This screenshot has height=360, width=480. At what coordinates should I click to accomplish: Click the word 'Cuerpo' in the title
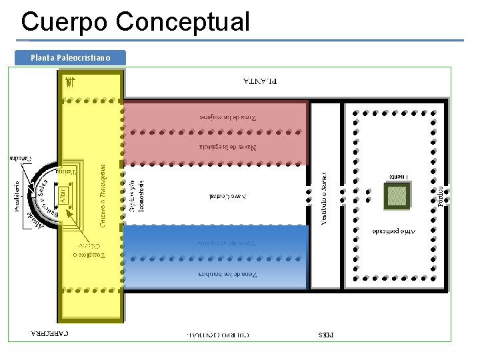[x=64, y=21]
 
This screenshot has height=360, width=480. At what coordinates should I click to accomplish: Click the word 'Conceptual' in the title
[x=182, y=21]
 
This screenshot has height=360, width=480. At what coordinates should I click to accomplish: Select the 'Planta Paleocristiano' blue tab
[x=70, y=58]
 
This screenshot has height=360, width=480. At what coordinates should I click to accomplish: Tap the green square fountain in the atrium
[x=397, y=195]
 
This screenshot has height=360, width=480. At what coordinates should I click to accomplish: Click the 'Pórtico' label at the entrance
[x=441, y=195]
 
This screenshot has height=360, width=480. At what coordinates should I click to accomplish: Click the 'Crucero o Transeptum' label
[x=102, y=195]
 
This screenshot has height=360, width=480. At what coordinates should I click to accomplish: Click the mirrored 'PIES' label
[x=329, y=332]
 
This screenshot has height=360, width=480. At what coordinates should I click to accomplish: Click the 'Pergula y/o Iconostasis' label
[x=136, y=195]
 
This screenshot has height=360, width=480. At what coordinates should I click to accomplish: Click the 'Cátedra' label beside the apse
[x=20, y=158]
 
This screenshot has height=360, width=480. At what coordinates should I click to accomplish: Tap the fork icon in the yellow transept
[x=69, y=83]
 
